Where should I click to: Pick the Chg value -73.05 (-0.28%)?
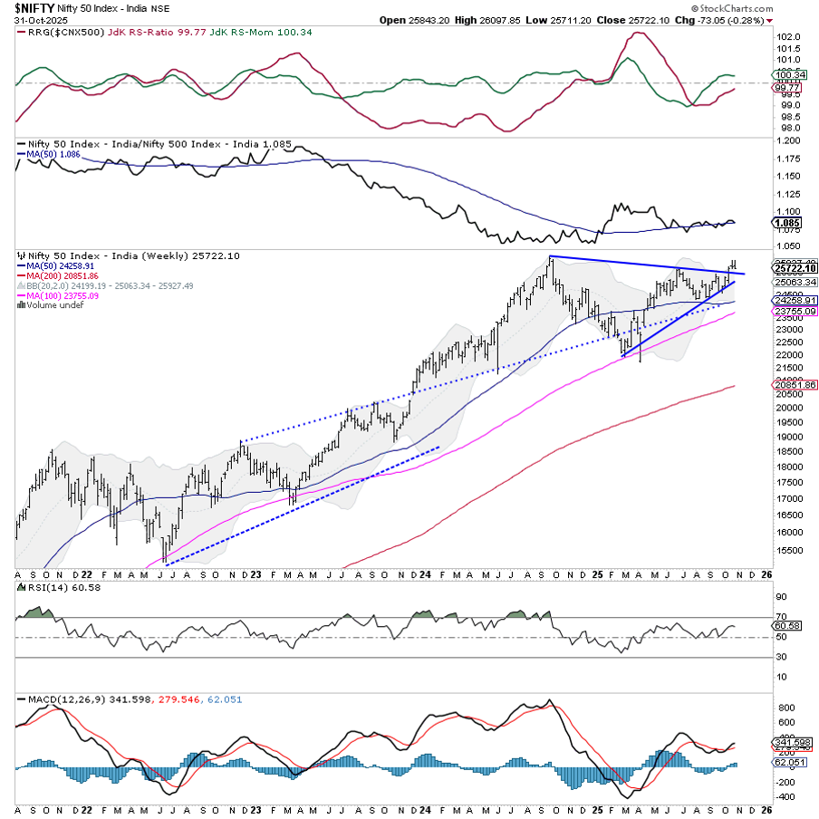coord(726,20)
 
